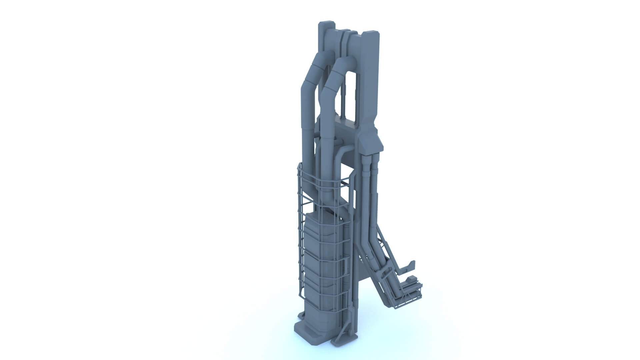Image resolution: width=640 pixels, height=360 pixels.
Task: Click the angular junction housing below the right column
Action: click(370, 142)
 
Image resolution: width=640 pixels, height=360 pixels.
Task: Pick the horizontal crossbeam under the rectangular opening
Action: click(347, 128)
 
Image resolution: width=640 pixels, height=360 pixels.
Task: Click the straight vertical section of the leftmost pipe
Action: click(74, 133)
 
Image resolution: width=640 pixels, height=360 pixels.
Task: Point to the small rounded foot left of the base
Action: click(68, 315)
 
